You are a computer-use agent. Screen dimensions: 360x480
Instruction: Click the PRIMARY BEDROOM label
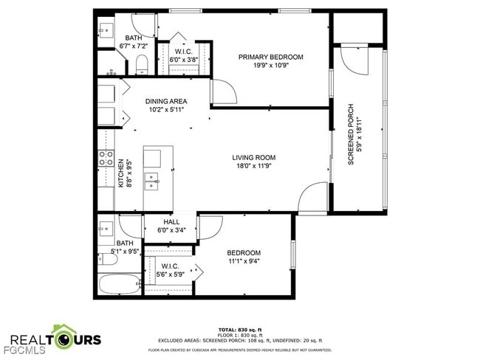(x=270, y=57)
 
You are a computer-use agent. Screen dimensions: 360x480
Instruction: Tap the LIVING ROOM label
(x=253, y=157)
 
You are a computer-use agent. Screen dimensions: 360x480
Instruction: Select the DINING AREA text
(x=165, y=101)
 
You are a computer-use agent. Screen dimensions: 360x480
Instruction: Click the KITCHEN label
(x=121, y=174)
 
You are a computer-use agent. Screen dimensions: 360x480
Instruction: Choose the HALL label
(x=171, y=221)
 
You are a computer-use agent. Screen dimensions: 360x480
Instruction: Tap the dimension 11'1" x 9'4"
(x=243, y=260)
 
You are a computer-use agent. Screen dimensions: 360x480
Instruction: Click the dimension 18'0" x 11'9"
(x=253, y=166)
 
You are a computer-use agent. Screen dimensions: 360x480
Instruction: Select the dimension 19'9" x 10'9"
(x=270, y=66)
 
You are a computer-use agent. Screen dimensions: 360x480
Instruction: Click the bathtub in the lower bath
(x=118, y=284)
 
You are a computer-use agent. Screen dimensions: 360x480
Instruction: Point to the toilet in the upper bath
(x=143, y=63)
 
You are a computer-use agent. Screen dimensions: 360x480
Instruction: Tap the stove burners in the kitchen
(x=106, y=157)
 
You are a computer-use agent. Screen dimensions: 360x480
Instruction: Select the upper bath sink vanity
(x=105, y=30)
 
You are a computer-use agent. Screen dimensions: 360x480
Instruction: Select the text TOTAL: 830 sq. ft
(x=240, y=329)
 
